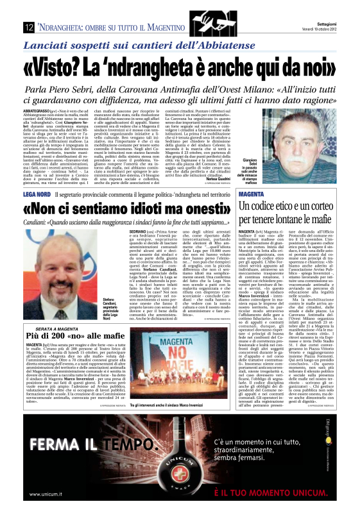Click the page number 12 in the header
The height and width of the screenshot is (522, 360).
pos(29,27)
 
